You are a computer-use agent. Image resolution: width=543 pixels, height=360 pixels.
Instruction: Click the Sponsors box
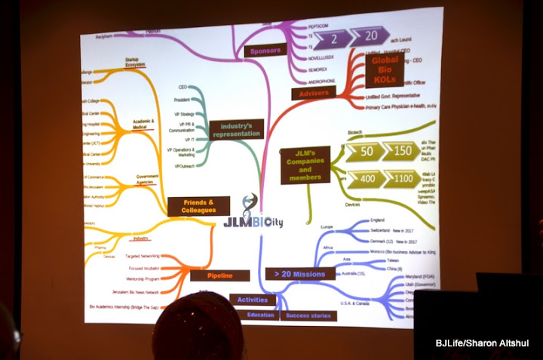(x=263, y=51)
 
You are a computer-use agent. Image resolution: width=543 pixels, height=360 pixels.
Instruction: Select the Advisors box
(x=314, y=94)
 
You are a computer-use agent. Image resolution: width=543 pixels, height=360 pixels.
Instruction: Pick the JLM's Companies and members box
(x=305, y=166)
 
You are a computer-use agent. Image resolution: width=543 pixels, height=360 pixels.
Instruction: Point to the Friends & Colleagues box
(x=198, y=206)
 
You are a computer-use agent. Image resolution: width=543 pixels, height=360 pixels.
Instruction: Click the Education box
(x=260, y=315)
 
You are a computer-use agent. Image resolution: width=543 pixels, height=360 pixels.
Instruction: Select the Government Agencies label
(x=147, y=180)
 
